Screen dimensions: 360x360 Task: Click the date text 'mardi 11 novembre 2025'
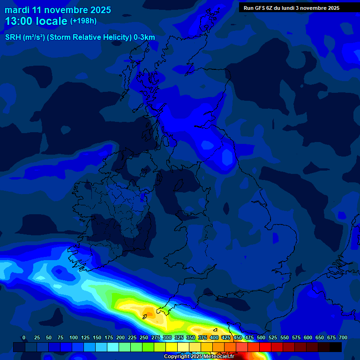[x=58, y=10]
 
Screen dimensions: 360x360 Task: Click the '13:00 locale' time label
[x=36, y=21]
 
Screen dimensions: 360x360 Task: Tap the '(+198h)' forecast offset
[x=83, y=21]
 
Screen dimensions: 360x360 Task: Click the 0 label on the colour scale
[x=24, y=337]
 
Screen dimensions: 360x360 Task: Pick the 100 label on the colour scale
[x=74, y=337]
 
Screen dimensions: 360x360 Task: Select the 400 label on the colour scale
[x=214, y=337]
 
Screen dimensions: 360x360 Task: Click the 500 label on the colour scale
[x=261, y=337]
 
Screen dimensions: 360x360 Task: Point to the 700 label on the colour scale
[x=343, y=337]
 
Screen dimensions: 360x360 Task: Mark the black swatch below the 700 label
[x=336, y=347]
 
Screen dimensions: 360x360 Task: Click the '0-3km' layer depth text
[x=144, y=37]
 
